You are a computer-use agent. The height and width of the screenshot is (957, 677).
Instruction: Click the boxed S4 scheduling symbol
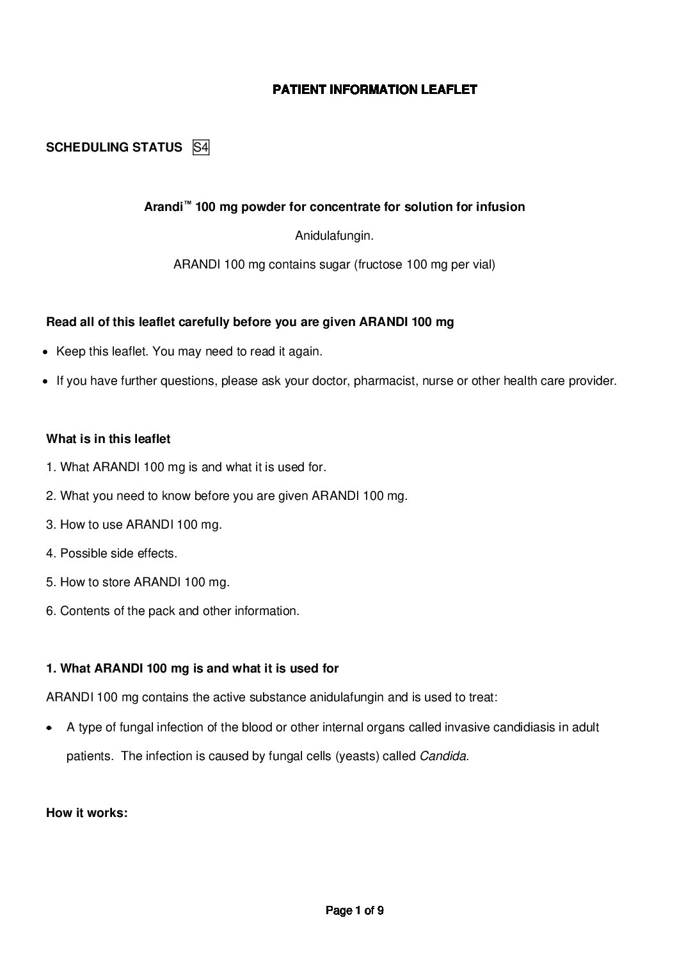tap(201, 148)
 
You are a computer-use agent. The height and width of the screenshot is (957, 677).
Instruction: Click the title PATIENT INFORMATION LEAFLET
tap(374, 89)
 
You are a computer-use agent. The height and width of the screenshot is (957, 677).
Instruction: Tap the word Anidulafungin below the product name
tap(333, 236)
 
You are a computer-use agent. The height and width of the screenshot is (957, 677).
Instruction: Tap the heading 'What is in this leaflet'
tap(108, 439)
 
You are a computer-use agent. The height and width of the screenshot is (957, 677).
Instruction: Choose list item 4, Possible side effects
tap(111, 554)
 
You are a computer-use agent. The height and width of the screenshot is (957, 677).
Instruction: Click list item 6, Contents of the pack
tap(172, 611)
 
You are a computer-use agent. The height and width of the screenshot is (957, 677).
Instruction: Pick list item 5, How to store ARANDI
tap(138, 582)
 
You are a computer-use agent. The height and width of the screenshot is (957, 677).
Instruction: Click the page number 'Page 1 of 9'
tap(354, 910)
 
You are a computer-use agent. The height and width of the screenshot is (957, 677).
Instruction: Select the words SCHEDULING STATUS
tap(114, 148)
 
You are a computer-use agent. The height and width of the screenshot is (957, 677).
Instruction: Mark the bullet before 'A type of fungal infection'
tap(49, 728)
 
